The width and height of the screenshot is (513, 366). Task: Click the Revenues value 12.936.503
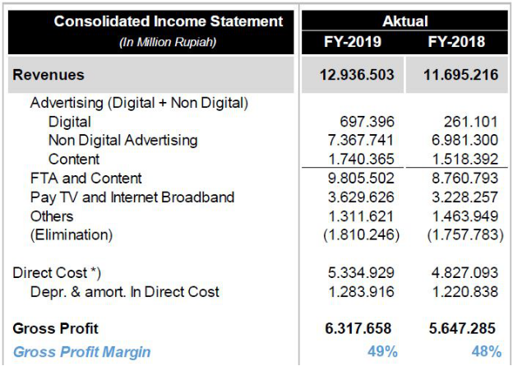(x=357, y=75)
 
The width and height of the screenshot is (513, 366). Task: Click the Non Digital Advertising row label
(x=122, y=140)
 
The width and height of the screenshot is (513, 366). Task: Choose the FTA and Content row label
(x=85, y=178)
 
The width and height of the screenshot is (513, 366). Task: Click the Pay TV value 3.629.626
(x=362, y=197)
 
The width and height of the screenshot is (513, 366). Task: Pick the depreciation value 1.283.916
(x=362, y=291)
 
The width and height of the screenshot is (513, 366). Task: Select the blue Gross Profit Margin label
(x=81, y=351)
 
